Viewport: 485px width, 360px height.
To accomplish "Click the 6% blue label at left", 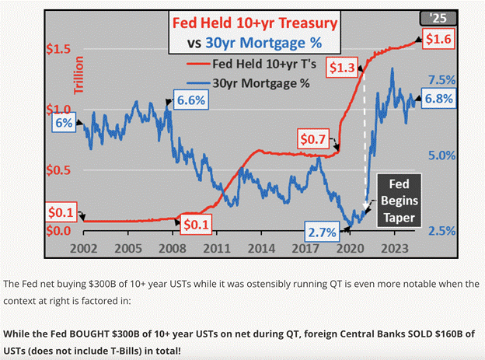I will coord(61,123).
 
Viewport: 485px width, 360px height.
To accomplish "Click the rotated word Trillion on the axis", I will coord(79,76).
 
